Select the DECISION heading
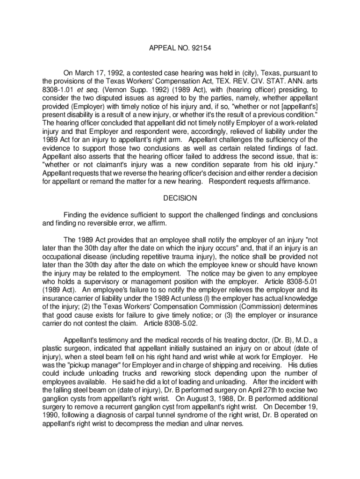(180, 198)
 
